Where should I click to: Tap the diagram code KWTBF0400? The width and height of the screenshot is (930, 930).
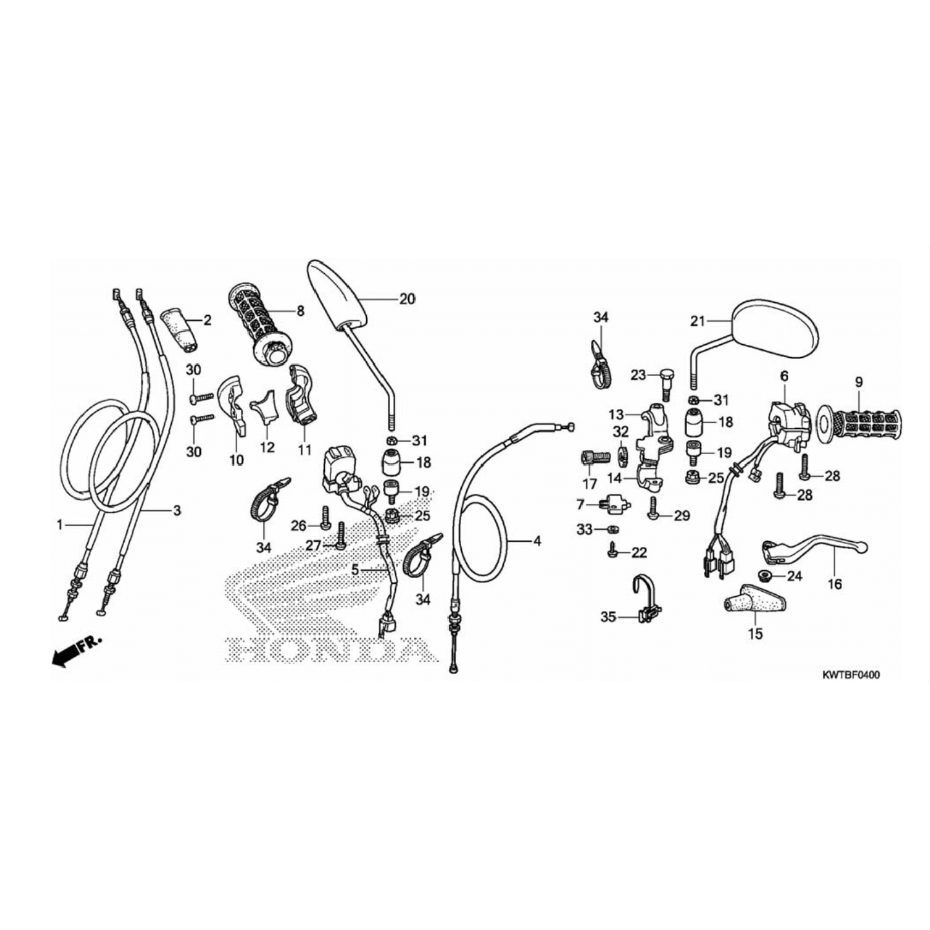[x=850, y=675]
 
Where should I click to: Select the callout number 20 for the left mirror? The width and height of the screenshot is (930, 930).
[x=407, y=299]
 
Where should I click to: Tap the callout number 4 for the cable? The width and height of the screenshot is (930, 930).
[x=537, y=541]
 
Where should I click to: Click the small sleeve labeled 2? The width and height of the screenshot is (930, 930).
[x=183, y=329]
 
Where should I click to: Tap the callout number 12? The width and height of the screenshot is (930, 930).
[x=267, y=448]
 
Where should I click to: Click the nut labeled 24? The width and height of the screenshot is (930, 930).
[x=763, y=575]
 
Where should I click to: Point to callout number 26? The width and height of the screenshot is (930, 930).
[x=298, y=526]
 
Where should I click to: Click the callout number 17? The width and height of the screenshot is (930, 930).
[x=590, y=484]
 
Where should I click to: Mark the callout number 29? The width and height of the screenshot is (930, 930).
[x=681, y=515]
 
